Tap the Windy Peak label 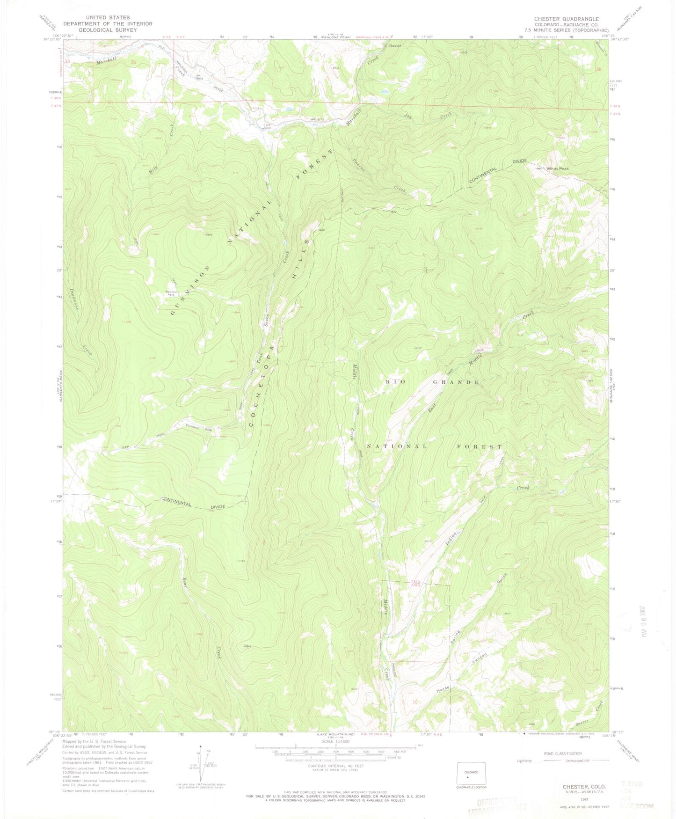click(558, 168)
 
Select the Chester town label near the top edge click(394, 46)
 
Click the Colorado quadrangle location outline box click(471, 775)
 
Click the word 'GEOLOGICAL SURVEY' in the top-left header click(101, 30)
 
